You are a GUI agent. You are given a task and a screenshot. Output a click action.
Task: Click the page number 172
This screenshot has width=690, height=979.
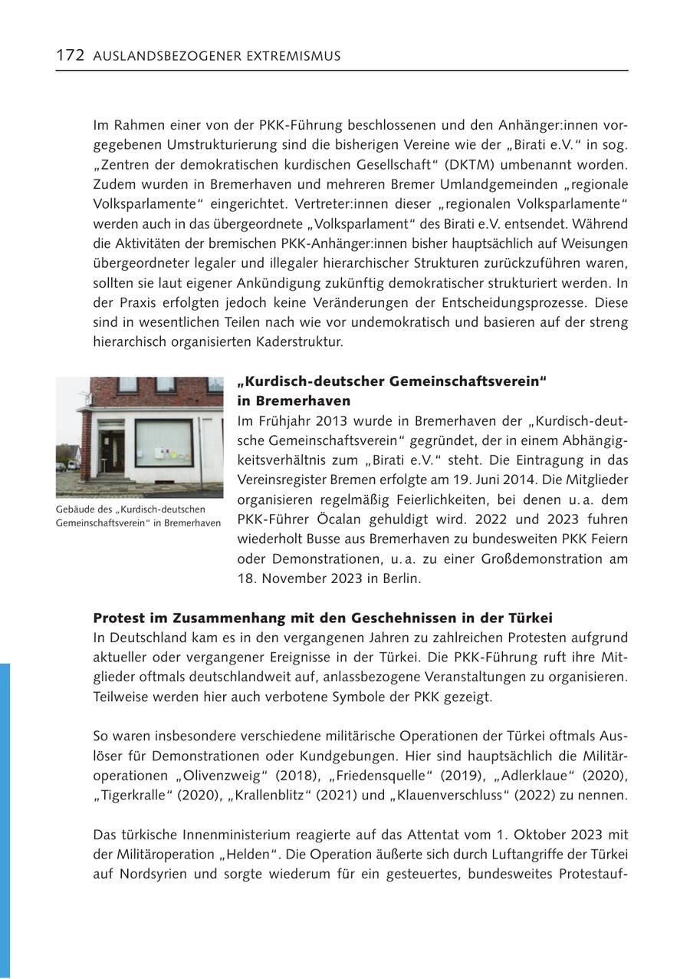[70, 55]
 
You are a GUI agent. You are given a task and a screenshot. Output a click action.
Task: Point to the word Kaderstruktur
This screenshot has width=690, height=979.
[304, 341]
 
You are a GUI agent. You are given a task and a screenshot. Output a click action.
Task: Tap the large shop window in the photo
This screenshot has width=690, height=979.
[163, 443]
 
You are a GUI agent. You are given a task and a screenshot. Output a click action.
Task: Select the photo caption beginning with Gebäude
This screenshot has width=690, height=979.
[138, 516]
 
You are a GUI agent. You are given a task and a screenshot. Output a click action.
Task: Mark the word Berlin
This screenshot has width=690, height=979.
[399, 578]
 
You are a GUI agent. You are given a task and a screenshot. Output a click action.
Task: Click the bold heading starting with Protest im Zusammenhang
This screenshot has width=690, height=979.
[323, 618]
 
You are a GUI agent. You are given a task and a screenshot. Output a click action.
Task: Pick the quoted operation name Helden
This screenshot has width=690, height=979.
[278, 854]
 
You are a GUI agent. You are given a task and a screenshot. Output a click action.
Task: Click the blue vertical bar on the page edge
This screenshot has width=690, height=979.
[5, 820]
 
